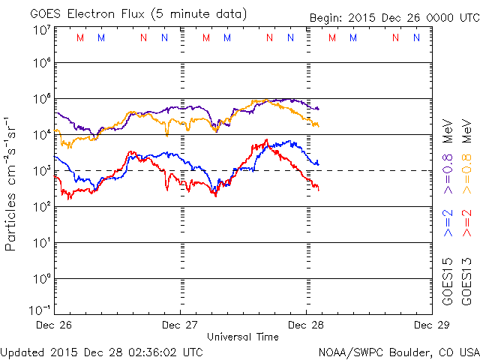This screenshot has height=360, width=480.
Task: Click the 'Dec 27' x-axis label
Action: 181,325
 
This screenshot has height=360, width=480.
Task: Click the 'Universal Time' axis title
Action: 243,337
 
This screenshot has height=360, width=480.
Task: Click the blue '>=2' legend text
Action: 448,223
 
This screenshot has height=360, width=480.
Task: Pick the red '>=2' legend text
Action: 467,223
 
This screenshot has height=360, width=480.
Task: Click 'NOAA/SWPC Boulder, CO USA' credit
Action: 398,351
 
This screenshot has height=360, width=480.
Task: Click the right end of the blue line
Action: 318,163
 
